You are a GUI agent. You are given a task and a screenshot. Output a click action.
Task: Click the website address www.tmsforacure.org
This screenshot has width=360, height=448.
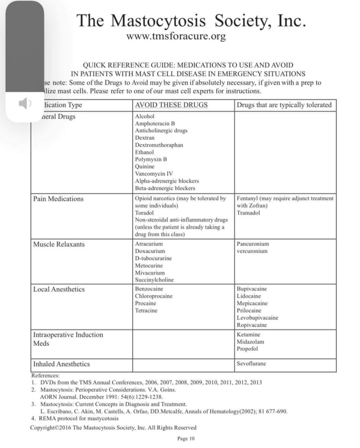click(176, 36)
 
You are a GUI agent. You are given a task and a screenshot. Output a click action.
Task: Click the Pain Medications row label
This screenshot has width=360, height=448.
click(58, 199)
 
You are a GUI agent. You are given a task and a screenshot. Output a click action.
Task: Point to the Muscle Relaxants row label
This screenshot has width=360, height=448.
click(59, 244)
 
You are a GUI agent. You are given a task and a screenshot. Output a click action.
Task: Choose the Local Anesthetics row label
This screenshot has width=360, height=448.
click(59, 289)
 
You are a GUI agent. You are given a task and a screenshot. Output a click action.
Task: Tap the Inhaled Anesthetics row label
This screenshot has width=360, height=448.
click(62, 364)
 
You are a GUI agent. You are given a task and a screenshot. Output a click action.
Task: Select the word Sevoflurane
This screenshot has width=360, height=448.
click(251, 364)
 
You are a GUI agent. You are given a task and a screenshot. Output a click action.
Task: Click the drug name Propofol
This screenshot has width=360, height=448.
click(247, 349)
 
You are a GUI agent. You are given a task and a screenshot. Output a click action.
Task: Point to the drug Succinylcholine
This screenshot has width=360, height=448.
click(154, 280)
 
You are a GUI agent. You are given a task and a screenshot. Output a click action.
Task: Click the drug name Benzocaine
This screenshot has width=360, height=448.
click(149, 289)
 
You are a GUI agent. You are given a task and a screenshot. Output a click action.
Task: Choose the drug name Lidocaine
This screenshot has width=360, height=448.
click(248, 296)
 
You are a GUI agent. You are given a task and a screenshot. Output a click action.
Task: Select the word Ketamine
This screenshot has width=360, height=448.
click(248, 334)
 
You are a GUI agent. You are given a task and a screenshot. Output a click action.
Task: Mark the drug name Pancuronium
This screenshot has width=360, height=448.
click(253, 244)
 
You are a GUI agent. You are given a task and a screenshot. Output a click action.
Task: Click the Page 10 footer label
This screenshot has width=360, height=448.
click(185, 438)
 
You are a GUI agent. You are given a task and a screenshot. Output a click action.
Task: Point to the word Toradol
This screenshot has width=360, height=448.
click(144, 213)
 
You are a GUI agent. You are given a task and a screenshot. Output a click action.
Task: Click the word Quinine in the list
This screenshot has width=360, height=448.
click(145, 167)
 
